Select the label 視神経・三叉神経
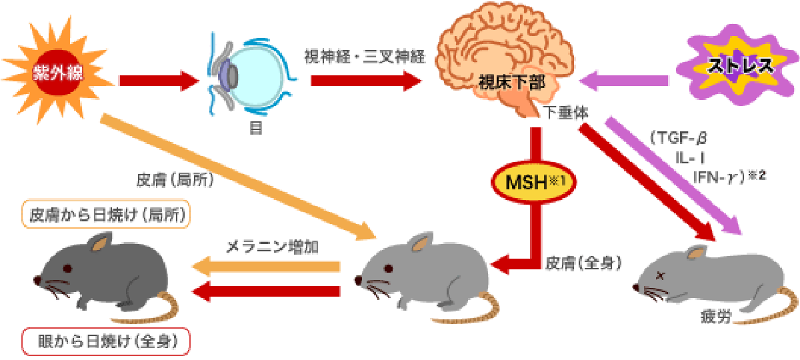pos(365,53)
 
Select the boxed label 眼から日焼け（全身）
pos(107,341)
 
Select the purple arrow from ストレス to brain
pos(624,81)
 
